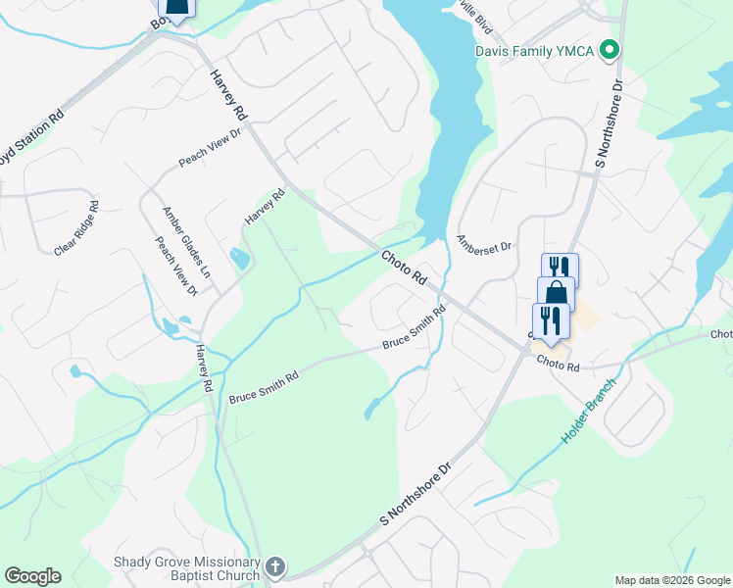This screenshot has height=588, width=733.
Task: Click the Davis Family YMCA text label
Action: pyautogui.click(x=535, y=50)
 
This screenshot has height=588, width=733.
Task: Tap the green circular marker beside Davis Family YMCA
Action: pyautogui.click(x=610, y=48)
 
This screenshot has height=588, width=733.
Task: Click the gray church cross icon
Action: pyautogui.click(x=275, y=566)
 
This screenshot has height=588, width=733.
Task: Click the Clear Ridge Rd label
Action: pyautogui.click(x=76, y=229)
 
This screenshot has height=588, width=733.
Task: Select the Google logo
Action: pyautogui.click(x=32, y=575)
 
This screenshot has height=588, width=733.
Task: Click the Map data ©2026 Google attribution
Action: pyautogui.click(x=672, y=580)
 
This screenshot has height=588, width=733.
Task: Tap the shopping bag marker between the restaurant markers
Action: pyautogui.click(x=556, y=293)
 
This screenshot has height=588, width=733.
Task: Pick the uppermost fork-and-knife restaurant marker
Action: pyautogui.click(x=560, y=269)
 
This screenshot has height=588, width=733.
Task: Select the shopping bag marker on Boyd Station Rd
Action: pyautogui.click(x=176, y=8)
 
